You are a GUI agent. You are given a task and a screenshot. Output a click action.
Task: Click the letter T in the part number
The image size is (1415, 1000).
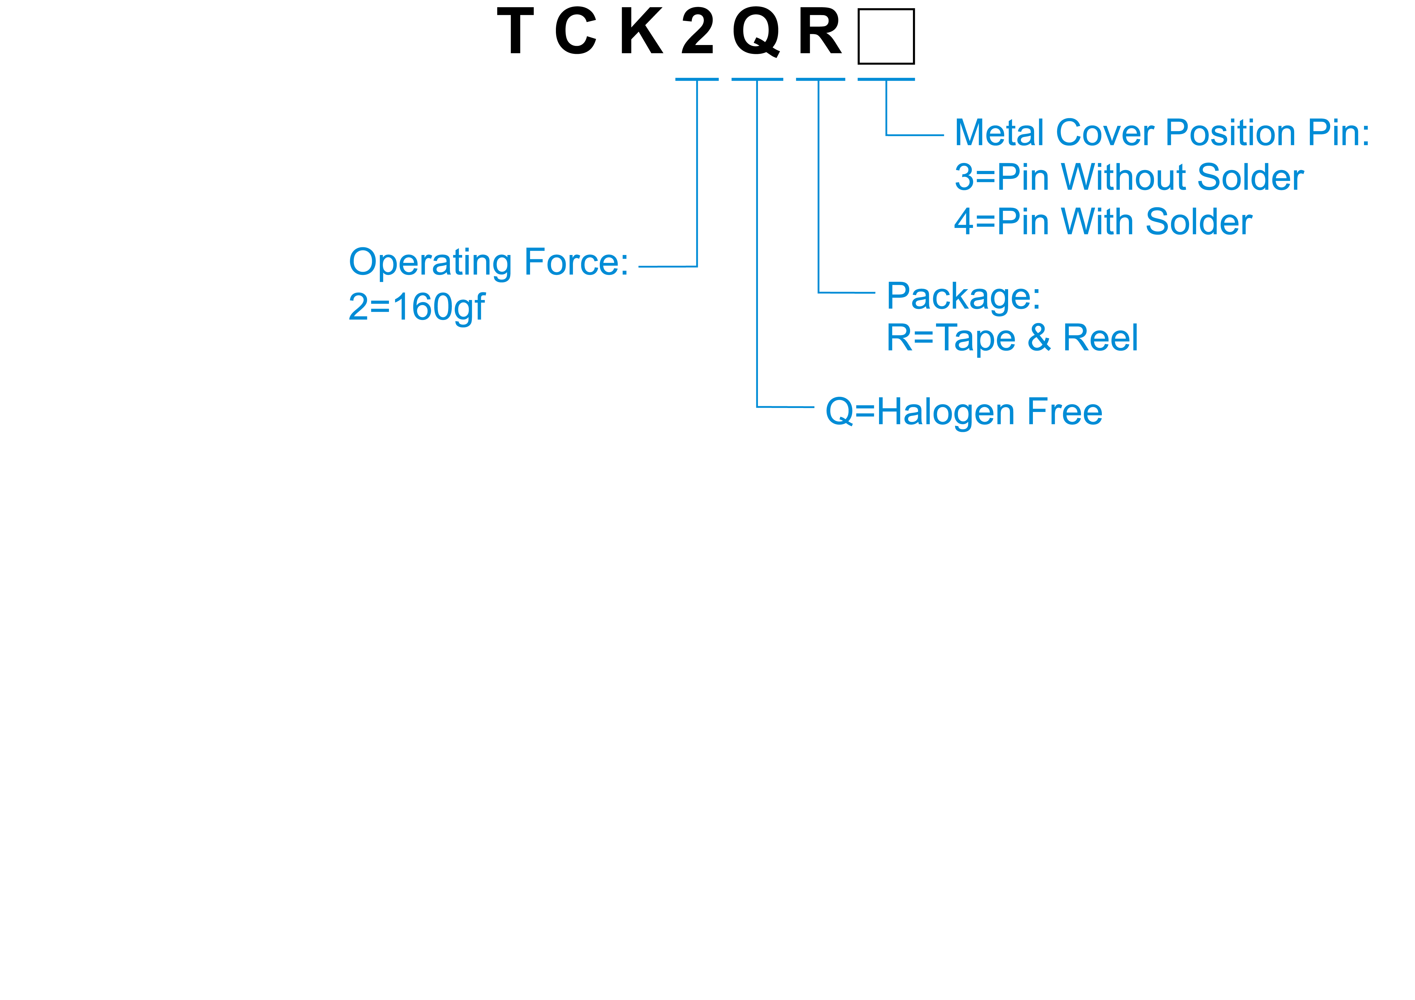515,31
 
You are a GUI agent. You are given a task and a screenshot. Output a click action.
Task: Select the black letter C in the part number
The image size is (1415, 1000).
576,31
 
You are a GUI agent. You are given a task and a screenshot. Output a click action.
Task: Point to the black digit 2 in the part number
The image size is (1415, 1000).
698,31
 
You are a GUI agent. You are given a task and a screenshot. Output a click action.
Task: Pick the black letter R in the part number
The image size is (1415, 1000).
820,31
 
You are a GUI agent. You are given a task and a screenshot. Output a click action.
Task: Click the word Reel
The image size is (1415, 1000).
1101,338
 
